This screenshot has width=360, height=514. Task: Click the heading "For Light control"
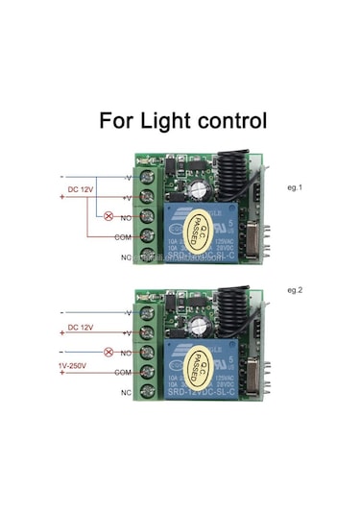pos(182,122)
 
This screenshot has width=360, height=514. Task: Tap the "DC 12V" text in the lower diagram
pos(81,329)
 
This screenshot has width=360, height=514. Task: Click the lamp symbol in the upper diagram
pos(108,216)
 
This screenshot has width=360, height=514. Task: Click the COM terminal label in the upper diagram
pos(123,236)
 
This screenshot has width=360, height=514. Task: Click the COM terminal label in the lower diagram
pos(123,371)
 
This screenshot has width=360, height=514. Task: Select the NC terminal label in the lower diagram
pos(125,393)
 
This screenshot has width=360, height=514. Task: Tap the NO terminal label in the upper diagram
pos(126,218)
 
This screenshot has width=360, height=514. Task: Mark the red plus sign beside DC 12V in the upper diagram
pos(62,196)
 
